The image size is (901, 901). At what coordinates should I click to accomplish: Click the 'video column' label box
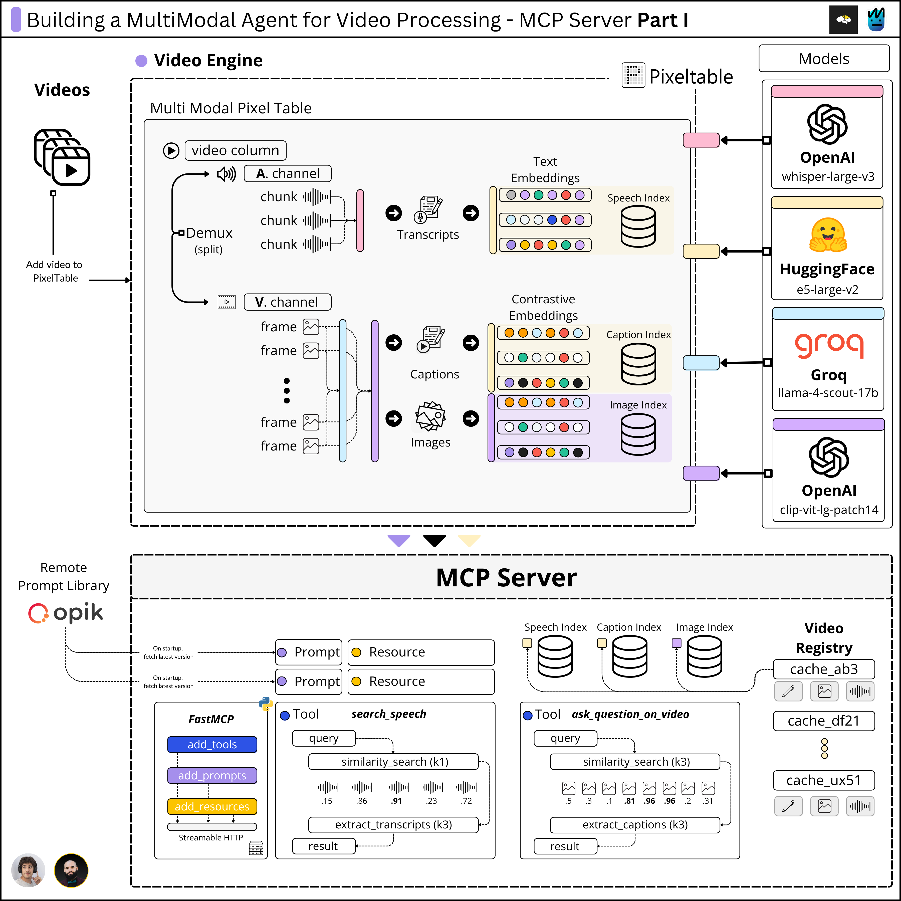click(x=236, y=150)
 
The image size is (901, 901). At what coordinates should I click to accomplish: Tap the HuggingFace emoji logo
click(x=828, y=235)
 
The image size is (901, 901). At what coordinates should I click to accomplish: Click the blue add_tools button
click(x=212, y=744)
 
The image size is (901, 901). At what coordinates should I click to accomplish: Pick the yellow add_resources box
click(x=212, y=806)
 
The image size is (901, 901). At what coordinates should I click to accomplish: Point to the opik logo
click(x=65, y=613)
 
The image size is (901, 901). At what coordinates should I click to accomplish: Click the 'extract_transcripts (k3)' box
click(x=394, y=824)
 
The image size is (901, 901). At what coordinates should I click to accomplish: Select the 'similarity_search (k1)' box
click(x=394, y=762)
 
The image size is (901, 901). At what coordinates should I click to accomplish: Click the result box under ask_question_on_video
click(x=565, y=846)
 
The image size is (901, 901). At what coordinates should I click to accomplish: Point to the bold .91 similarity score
click(x=396, y=801)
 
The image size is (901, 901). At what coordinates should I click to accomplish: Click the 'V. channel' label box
click(x=287, y=302)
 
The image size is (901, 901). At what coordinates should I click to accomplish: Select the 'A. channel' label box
click(x=287, y=173)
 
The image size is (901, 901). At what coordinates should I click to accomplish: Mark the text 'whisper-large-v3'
click(x=828, y=177)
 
